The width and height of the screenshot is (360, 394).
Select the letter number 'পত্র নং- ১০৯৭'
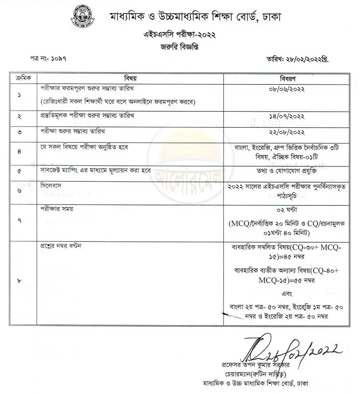click(48, 58)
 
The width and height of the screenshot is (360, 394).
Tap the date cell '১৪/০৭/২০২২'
click(286, 117)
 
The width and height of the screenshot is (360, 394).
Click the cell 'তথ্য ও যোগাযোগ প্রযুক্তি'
click(286, 170)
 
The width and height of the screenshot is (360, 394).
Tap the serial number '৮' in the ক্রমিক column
click(20, 281)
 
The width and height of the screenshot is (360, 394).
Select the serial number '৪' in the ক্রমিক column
click(20, 152)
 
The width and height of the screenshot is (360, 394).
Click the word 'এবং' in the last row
click(286, 293)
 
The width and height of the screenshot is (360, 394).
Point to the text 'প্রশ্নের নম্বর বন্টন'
click(61, 246)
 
